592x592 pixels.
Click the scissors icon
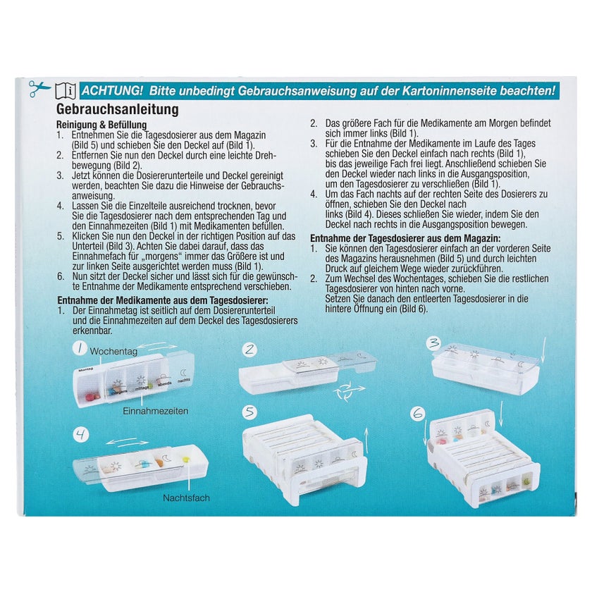(x=39, y=89)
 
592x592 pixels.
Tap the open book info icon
(x=66, y=91)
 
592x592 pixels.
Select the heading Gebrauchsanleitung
(x=118, y=109)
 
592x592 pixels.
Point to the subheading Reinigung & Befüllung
(x=101, y=125)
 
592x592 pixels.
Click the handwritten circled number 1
(x=80, y=348)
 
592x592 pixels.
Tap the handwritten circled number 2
(x=249, y=350)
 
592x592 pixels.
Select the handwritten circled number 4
(x=81, y=434)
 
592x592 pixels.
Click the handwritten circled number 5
(x=249, y=412)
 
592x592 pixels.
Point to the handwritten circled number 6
(x=418, y=414)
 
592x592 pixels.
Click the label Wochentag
(x=113, y=351)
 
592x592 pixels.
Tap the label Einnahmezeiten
(x=156, y=411)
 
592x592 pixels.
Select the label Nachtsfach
(x=186, y=498)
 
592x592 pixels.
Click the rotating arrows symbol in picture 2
(x=348, y=391)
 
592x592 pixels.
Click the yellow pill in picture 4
(x=185, y=460)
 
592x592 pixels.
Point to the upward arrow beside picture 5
(x=366, y=443)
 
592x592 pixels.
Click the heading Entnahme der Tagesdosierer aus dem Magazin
(x=405, y=239)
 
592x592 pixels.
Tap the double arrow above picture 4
(x=128, y=441)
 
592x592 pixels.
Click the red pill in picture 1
(x=91, y=396)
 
